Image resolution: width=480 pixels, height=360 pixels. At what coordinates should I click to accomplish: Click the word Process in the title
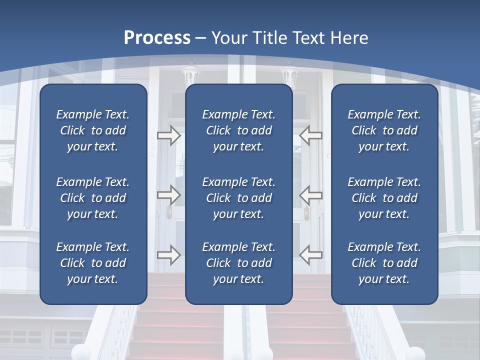157,38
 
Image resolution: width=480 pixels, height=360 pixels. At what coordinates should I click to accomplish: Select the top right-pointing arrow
169,135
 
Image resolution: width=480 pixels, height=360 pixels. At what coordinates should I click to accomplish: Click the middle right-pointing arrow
169,194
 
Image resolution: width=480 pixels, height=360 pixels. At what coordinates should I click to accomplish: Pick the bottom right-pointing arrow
169,254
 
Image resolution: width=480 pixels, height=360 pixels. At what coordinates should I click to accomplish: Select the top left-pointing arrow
311,135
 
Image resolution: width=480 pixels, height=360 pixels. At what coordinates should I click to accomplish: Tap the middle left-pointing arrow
311,194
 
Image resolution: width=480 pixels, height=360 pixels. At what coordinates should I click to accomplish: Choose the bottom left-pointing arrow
311,254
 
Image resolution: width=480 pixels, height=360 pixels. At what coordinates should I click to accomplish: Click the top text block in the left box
93,130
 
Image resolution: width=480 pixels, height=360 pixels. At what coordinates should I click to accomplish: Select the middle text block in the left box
93,198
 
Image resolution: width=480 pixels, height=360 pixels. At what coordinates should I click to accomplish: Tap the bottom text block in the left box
93,263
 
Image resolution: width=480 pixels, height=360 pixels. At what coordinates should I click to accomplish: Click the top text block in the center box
238,130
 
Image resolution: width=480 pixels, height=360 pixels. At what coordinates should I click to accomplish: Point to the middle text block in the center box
238,198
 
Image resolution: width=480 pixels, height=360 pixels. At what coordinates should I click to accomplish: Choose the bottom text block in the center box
238,263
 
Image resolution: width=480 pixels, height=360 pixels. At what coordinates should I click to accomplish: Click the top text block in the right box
384,130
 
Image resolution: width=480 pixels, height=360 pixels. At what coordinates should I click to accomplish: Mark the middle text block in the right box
384,198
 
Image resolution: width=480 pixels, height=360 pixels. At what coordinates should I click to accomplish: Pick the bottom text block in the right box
384,263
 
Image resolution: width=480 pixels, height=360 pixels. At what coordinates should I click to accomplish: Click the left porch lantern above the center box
190,75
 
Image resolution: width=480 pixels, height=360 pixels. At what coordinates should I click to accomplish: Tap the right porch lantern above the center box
289,76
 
